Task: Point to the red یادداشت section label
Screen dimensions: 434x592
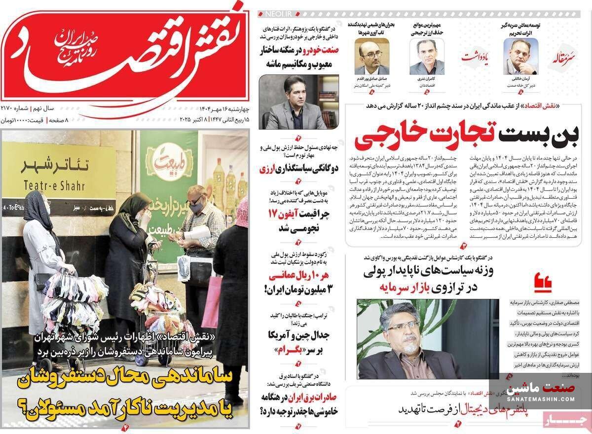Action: point(475,57)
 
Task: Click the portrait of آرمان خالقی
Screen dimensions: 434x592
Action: point(521,55)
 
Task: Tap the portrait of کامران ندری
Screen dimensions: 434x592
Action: point(427,56)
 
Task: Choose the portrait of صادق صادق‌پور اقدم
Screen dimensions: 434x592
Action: point(371,56)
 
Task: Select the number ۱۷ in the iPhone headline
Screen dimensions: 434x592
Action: point(274,214)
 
